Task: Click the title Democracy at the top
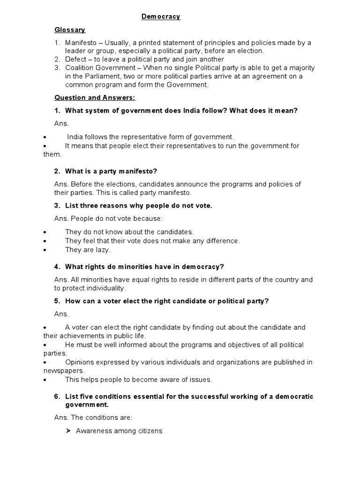coord(161,17)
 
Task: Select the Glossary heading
coord(70,30)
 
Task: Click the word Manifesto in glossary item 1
coord(80,43)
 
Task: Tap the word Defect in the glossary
coord(75,60)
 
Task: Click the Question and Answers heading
coord(95,97)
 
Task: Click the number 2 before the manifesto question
coord(57,171)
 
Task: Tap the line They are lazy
coord(88,250)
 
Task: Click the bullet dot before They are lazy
coord(44,250)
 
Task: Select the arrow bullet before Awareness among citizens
coord(68,431)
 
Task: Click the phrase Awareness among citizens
coord(119,431)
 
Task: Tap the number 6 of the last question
coord(57,396)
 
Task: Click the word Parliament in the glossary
coord(94,76)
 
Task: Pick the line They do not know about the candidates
coord(129,232)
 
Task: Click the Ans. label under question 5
coord(61,314)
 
